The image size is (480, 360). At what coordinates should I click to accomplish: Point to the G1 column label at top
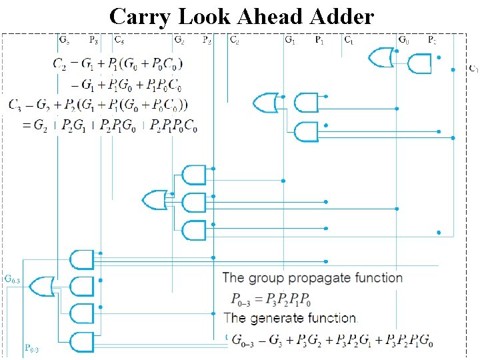click(x=290, y=40)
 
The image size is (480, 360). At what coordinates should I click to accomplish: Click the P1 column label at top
click(x=320, y=40)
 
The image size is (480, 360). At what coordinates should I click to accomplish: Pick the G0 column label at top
click(x=403, y=40)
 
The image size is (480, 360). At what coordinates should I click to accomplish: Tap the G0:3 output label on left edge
click(x=13, y=279)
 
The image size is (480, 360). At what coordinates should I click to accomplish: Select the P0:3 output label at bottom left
click(x=31, y=348)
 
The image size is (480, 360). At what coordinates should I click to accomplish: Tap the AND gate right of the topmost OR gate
click(x=419, y=64)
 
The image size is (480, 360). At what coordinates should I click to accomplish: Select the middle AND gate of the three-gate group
click(x=193, y=203)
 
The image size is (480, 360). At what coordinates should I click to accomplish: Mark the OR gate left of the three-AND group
click(x=155, y=199)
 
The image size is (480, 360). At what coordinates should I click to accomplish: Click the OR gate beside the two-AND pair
click(x=265, y=103)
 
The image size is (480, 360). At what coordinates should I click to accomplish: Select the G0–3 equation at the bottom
click(x=332, y=341)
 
